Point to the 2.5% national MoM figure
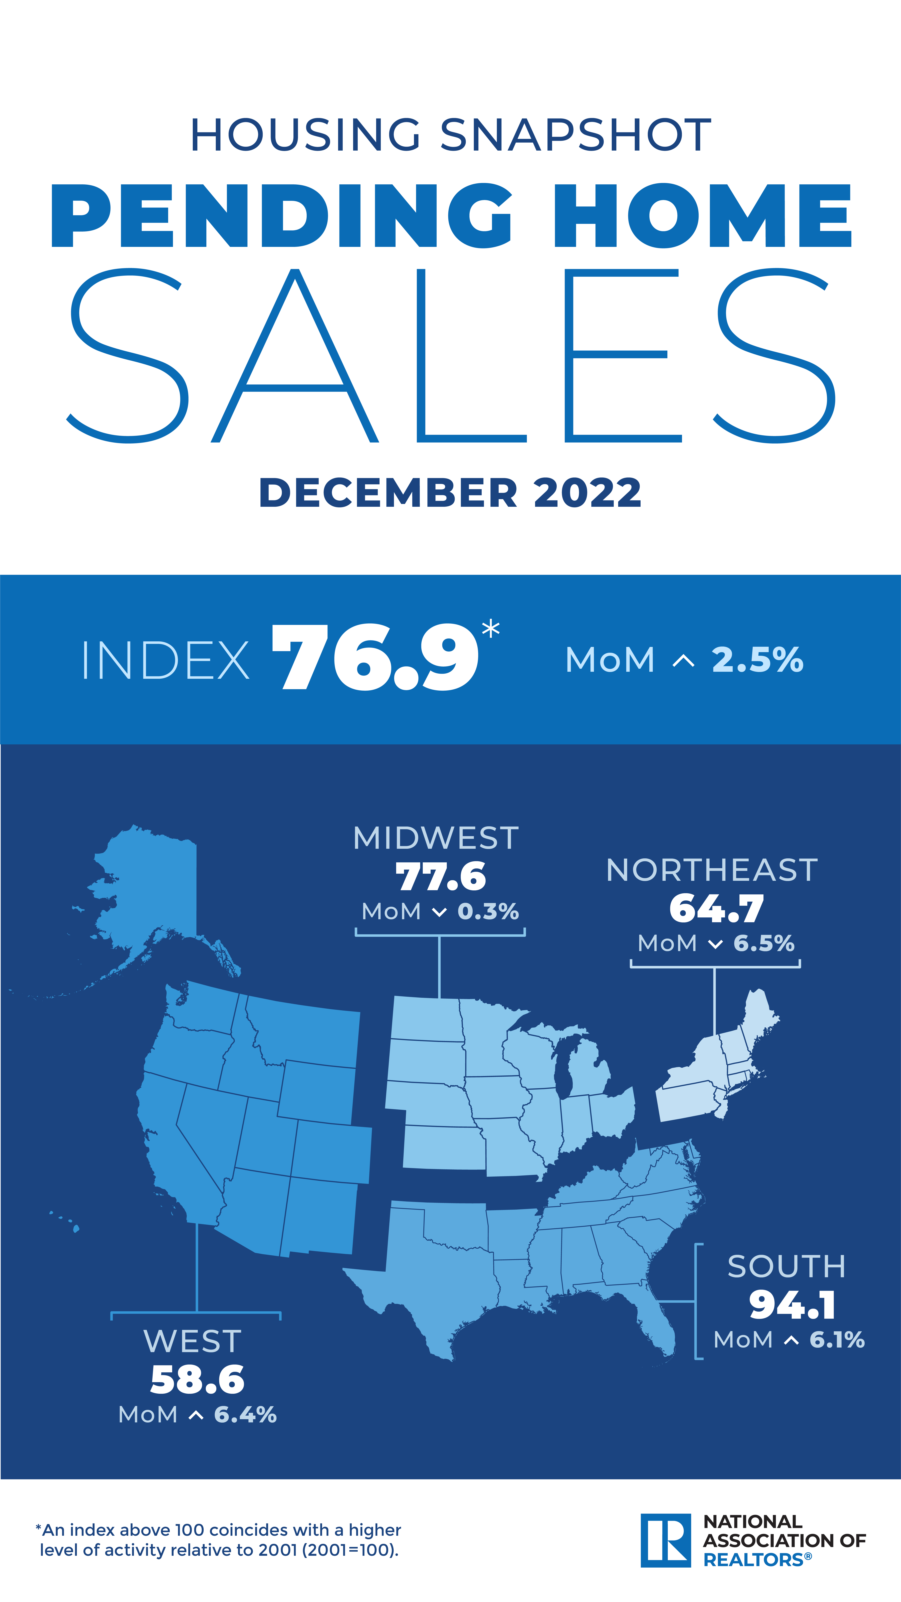(757, 660)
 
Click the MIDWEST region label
(436, 838)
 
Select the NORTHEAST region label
(712, 870)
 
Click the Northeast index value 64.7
(716, 909)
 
